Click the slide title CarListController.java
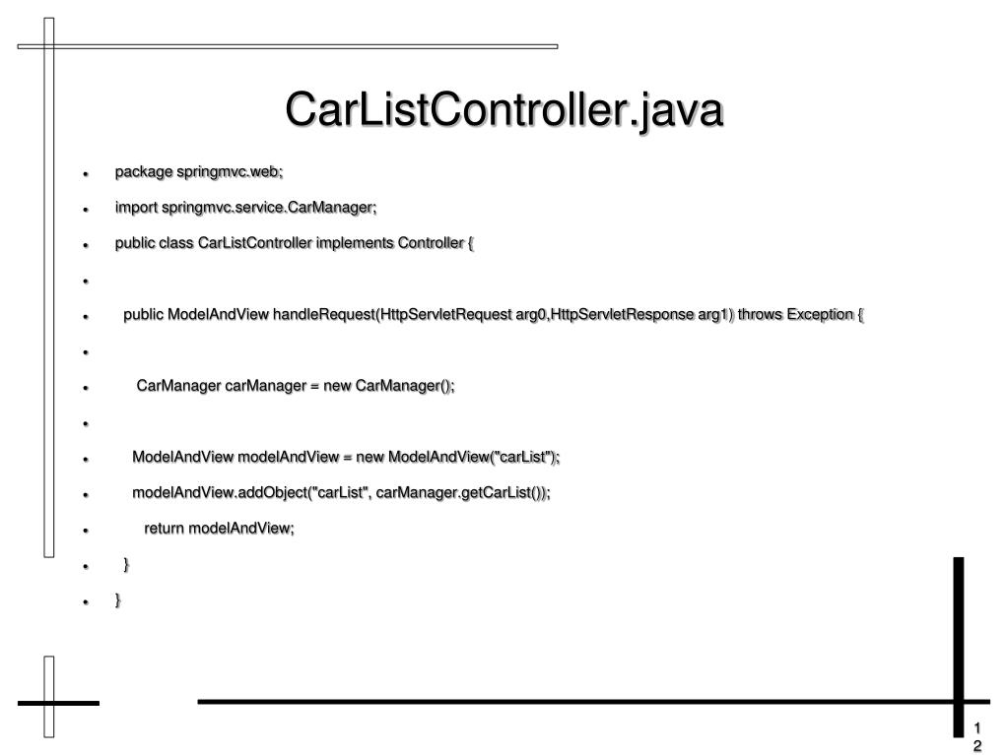(504, 110)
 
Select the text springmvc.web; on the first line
(230, 172)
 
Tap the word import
(137, 208)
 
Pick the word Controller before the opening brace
(430, 243)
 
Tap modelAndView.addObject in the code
(202, 492)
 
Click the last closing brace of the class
(118, 599)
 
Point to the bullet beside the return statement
(87, 530)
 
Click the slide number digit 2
(977, 745)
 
